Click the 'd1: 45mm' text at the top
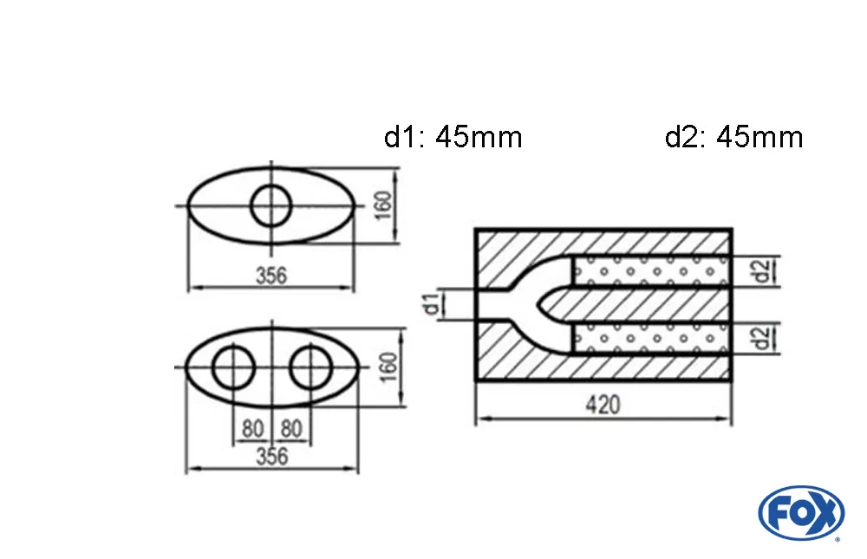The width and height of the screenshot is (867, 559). (453, 137)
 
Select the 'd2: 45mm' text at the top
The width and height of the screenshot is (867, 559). (733, 137)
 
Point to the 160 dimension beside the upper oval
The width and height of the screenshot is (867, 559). (385, 206)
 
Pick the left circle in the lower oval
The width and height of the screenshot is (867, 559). (232, 369)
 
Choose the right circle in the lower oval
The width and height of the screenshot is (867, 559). (311, 369)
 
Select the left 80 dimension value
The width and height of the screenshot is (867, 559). (252, 429)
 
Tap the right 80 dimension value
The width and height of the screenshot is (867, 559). (291, 429)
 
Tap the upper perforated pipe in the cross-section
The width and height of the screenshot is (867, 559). (650, 270)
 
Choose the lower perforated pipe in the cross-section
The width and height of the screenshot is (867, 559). (650, 338)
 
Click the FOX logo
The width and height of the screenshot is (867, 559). (800, 512)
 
